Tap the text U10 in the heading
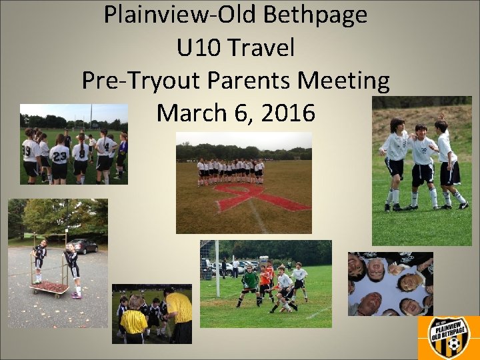point(199,47)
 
